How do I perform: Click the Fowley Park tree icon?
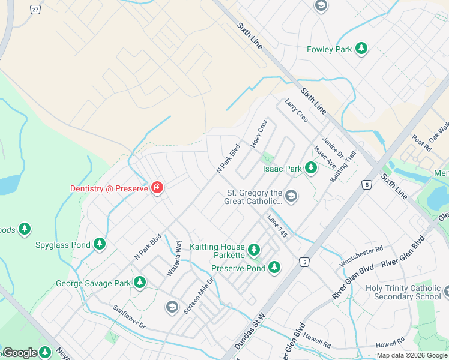(361, 49)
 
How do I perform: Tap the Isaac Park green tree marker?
(311, 169)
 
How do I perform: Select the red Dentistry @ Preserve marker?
(157, 188)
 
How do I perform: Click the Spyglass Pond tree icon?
(100, 244)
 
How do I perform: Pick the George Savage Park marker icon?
(140, 282)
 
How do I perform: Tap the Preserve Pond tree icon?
(274, 268)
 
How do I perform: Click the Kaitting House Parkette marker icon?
(254, 249)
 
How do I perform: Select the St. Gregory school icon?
(291, 196)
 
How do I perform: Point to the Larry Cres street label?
(297, 110)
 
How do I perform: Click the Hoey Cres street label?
(259, 134)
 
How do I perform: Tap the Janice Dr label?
(331, 146)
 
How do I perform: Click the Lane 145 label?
(279, 228)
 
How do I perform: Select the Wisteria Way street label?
(175, 258)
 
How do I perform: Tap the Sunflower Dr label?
(129, 317)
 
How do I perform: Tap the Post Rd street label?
(421, 143)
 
